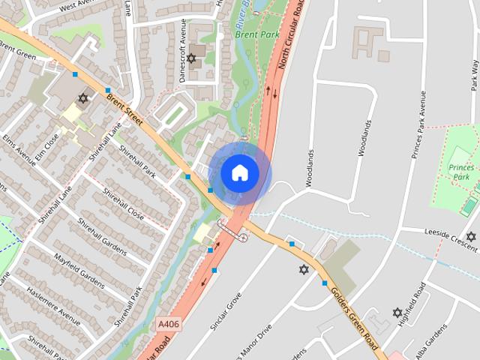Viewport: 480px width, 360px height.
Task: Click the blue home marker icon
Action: [x=240, y=173]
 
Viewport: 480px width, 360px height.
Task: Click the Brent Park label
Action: [x=257, y=34]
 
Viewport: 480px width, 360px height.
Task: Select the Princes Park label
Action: [x=461, y=172]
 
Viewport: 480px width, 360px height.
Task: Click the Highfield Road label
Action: [x=414, y=300]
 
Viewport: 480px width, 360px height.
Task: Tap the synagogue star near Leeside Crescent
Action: [x=471, y=236]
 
